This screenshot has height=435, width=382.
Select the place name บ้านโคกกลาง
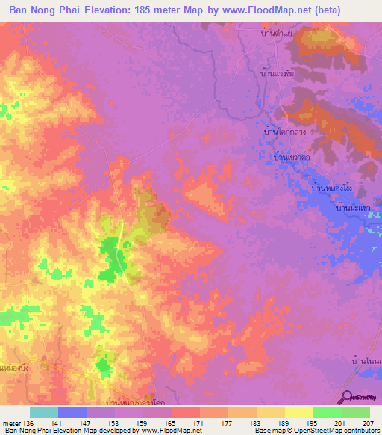[286, 130]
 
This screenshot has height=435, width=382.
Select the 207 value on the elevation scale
[365, 422]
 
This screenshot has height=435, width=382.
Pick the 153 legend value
[115, 422]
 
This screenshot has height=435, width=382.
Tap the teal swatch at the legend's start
[43, 412]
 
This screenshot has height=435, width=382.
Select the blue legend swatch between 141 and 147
[72, 412]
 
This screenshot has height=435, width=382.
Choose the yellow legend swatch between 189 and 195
[298, 412]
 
